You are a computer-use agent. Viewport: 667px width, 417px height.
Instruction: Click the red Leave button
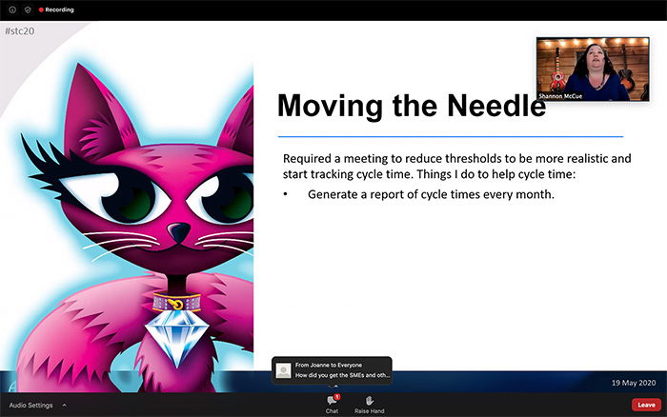pyautogui.click(x=646, y=405)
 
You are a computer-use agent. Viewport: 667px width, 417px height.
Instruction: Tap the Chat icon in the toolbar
pyautogui.click(x=332, y=401)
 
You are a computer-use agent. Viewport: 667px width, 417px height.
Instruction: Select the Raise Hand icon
pyautogui.click(x=369, y=401)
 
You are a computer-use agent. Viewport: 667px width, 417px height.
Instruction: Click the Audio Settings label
pyautogui.click(x=30, y=405)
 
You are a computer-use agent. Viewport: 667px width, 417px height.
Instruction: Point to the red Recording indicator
pyautogui.click(x=54, y=10)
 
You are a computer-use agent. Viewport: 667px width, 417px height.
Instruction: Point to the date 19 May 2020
pyautogui.click(x=633, y=383)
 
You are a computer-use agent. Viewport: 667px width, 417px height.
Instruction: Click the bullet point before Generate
pyautogui.click(x=287, y=194)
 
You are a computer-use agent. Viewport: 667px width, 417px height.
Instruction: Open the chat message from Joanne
pyautogui.click(x=332, y=369)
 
